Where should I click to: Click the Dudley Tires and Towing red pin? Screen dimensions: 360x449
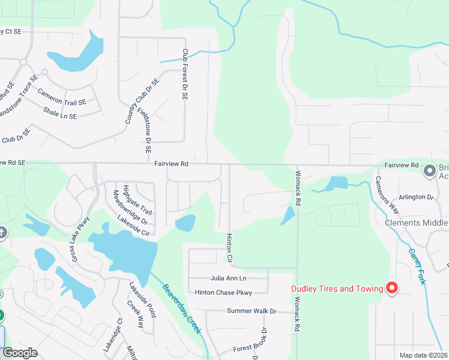392,288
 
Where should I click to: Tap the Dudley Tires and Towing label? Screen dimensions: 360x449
337,289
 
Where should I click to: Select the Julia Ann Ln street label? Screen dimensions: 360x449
228,278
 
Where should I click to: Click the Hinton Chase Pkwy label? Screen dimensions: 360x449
223,293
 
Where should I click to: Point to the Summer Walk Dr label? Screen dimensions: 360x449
252,311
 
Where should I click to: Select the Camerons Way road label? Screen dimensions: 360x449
387,195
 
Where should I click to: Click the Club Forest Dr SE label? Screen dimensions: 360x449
185,75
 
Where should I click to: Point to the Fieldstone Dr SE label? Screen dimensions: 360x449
145,128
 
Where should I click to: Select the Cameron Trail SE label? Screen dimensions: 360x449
62,98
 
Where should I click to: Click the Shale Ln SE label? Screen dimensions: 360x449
60,113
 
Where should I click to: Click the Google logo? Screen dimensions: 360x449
20,353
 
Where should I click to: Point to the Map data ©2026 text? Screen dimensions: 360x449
423,355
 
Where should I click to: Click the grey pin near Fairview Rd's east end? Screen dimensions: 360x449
430,171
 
